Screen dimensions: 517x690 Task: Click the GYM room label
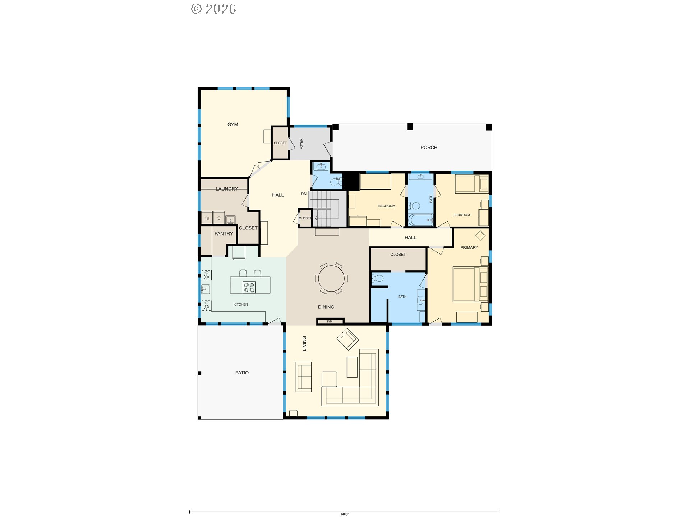click(x=233, y=125)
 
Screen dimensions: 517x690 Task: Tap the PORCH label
click(x=429, y=148)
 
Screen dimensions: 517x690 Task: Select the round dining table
click(x=331, y=278)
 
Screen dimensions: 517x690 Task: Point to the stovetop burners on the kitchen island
click(x=249, y=288)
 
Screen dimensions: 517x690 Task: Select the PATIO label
click(x=242, y=373)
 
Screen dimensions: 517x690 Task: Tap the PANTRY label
click(x=224, y=234)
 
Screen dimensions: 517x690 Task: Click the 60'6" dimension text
click(x=345, y=514)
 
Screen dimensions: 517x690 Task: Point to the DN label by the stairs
click(x=304, y=194)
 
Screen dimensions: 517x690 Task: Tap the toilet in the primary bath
click(x=378, y=278)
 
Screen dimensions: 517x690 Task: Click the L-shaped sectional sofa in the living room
click(x=354, y=388)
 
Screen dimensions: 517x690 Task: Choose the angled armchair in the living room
click(x=348, y=339)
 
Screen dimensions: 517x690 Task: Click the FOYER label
click(x=301, y=144)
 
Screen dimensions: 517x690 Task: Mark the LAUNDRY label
click(x=226, y=189)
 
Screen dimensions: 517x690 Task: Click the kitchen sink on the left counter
click(x=205, y=289)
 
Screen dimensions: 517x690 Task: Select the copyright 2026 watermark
click(x=213, y=9)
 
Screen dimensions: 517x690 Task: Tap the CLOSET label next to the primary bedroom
click(x=398, y=255)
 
